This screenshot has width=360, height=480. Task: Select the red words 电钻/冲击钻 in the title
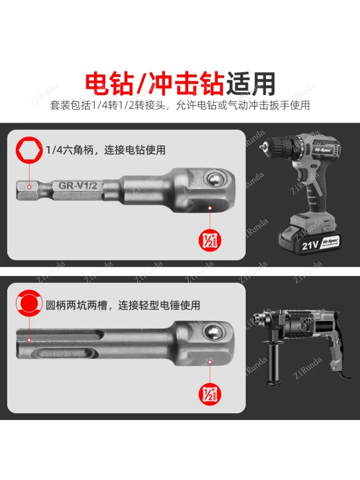coord(154,83)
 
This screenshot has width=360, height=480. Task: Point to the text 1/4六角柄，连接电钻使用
coord(106,150)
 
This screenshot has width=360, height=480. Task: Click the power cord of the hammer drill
coord(343,370)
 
